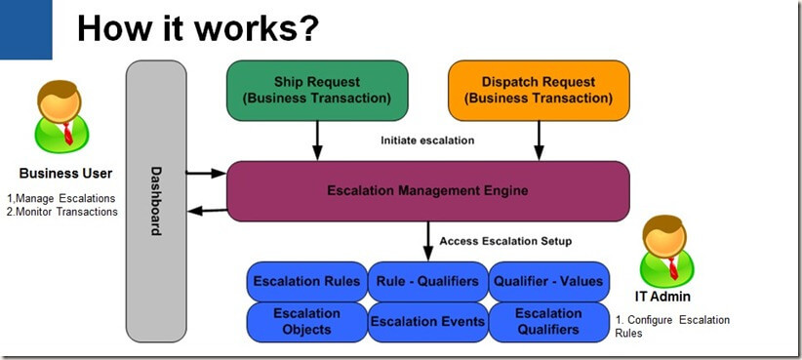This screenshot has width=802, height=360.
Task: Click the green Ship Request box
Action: (x=317, y=91)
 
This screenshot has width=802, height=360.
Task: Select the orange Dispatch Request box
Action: (x=539, y=91)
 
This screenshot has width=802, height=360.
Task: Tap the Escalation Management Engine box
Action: (x=427, y=191)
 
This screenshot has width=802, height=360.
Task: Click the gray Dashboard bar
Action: (x=156, y=201)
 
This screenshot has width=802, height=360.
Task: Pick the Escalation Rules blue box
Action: (x=307, y=281)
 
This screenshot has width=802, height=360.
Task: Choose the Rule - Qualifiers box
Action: (x=427, y=281)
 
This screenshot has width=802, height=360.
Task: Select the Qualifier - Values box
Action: (x=548, y=281)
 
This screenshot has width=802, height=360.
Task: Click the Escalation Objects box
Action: (x=307, y=322)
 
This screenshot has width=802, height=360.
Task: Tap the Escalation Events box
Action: (x=427, y=322)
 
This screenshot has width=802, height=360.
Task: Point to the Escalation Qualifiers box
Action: (x=548, y=322)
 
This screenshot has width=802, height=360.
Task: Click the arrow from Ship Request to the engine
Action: (x=317, y=140)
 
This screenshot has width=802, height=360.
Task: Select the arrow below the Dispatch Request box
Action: (x=539, y=140)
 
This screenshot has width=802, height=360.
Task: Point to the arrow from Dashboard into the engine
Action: (x=206, y=174)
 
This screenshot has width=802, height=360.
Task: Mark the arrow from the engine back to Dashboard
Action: (x=207, y=211)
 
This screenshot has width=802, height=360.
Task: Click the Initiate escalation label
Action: (x=427, y=140)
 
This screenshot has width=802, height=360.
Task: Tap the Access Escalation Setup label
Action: (x=505, y=241)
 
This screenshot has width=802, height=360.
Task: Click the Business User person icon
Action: (x=61, y=116)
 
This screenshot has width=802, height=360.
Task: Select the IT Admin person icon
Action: (x=667, y=251)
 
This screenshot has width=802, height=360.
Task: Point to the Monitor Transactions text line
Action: (x=62, y=212)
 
